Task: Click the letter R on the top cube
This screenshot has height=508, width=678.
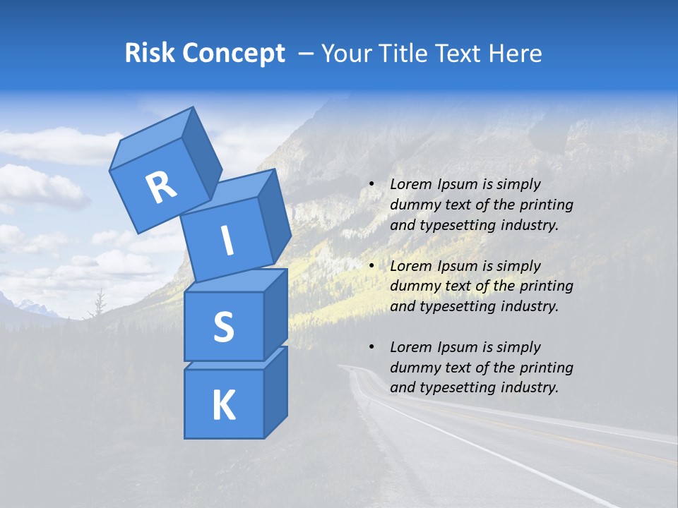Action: pos(161,188)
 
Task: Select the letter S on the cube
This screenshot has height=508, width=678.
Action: pos(223,327)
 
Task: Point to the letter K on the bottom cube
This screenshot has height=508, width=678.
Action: pos(223,406)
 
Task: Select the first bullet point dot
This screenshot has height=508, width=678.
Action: pos(371,185)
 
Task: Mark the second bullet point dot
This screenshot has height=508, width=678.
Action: pos(371,267)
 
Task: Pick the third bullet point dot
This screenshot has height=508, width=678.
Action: pos(371,348)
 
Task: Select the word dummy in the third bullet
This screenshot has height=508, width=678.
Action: pos(413,368)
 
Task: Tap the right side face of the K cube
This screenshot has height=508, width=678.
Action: pos(275,392)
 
